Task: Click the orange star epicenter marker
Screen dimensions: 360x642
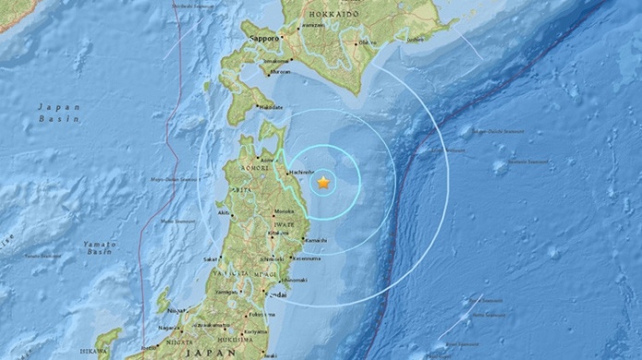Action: [x=323, y=183]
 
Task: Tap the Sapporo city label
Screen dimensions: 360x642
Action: [x=265, y=37]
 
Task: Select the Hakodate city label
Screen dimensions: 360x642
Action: [x=271, y=107]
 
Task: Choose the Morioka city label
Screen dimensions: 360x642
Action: [x=284, y=211]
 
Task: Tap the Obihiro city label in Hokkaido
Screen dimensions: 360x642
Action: [x=368, y=42]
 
